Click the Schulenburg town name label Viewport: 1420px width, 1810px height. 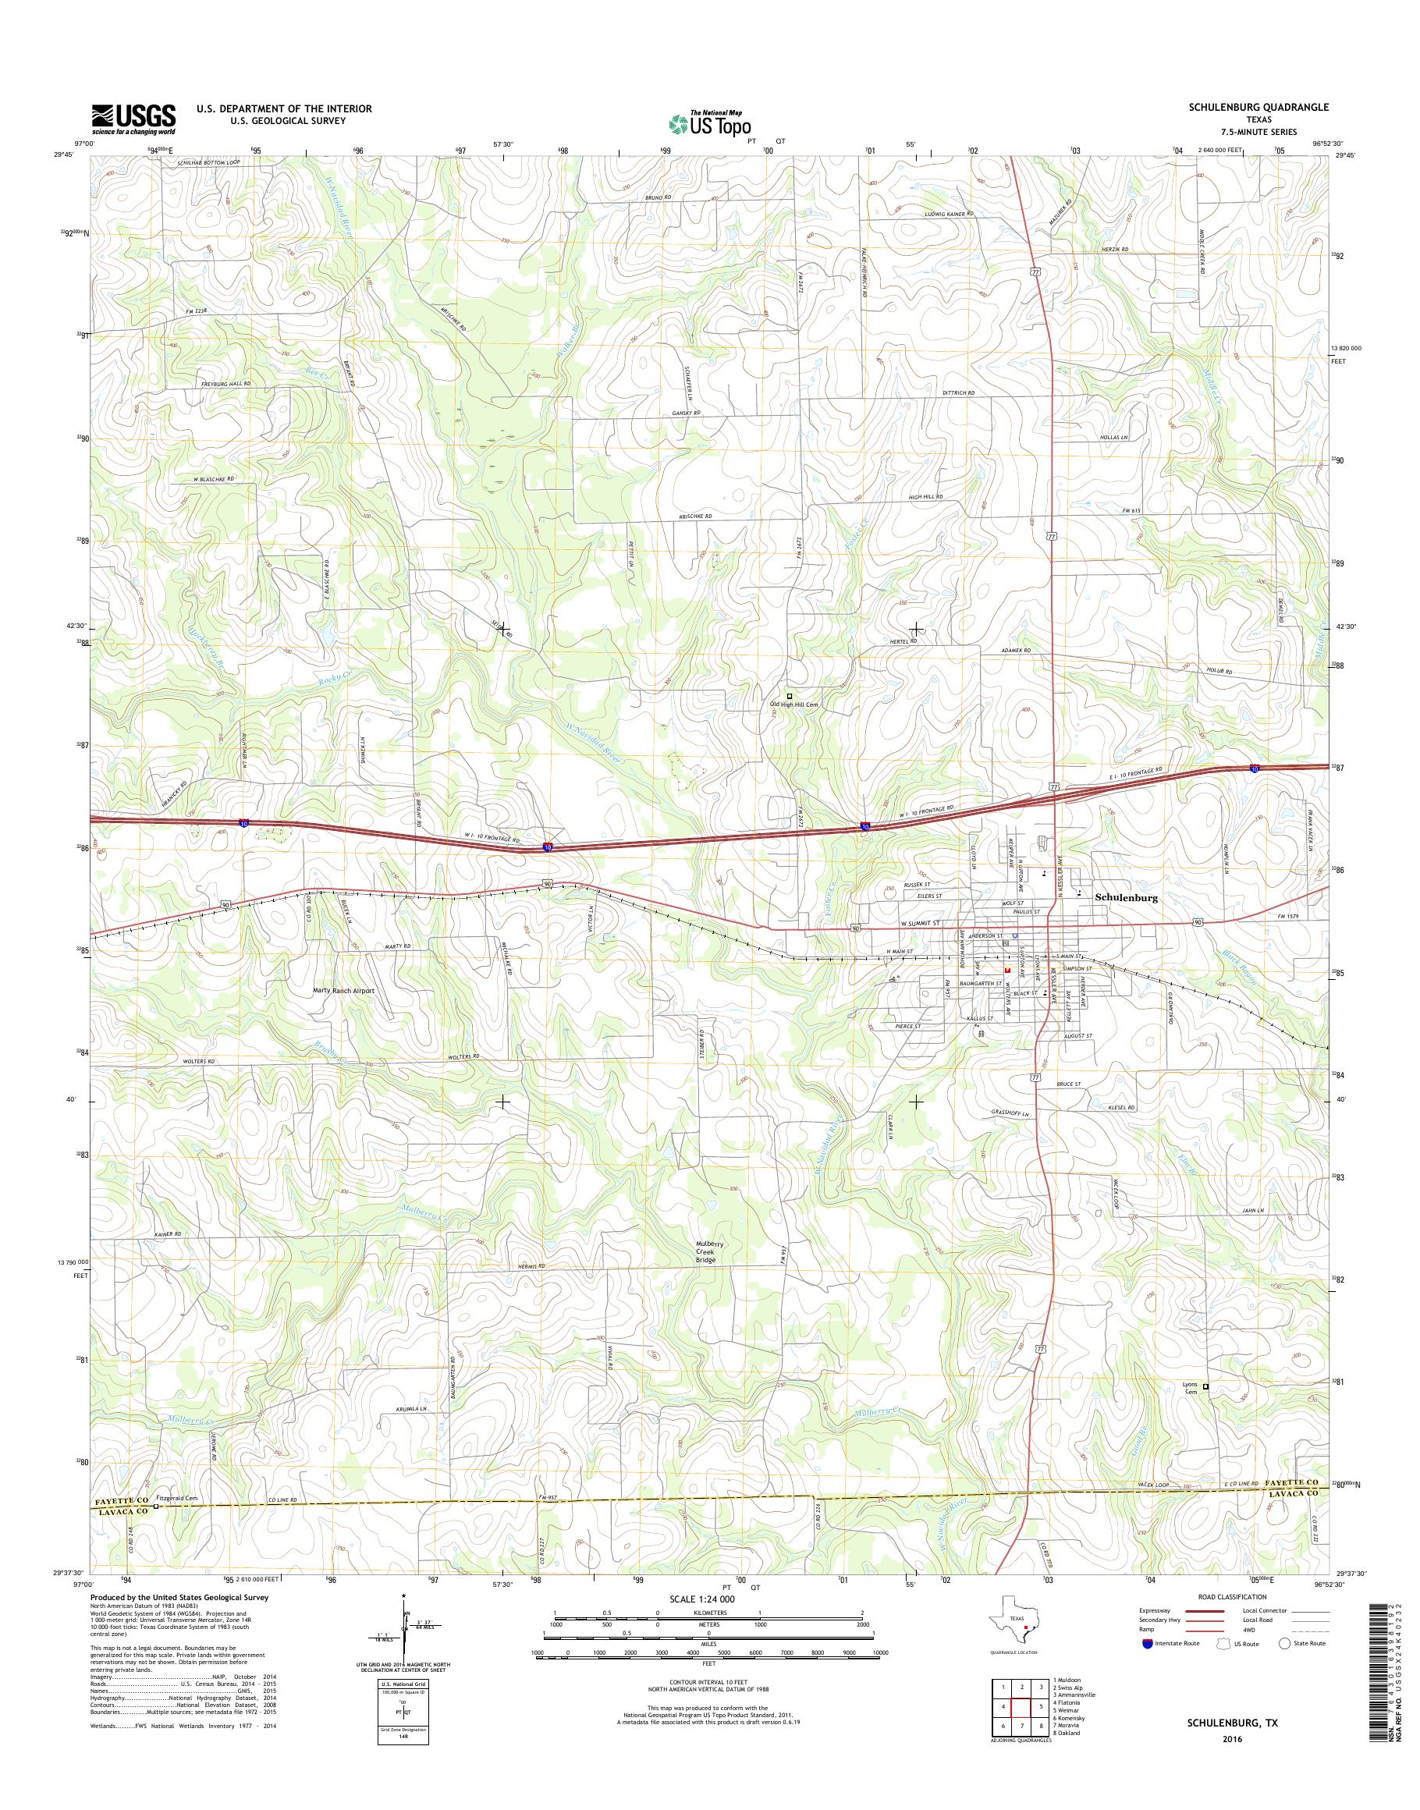point(1127,898)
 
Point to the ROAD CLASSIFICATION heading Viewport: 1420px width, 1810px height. point(1232,1596)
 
